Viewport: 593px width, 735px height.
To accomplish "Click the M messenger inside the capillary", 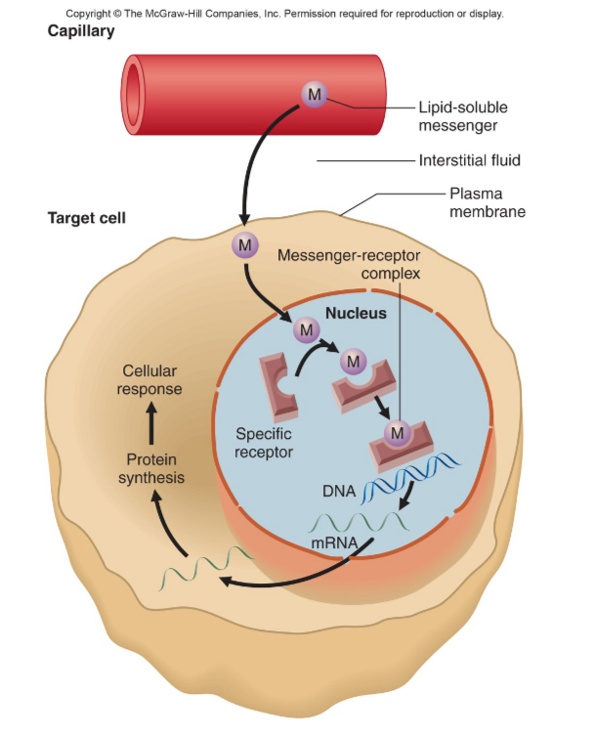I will [314, 94].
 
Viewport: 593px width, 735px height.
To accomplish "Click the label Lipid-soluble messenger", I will [462, 115].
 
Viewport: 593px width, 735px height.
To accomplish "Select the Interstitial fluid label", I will [469, 160].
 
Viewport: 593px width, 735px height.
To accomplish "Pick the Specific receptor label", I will [265, 442].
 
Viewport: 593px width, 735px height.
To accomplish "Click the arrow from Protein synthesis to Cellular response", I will [151, 422].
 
